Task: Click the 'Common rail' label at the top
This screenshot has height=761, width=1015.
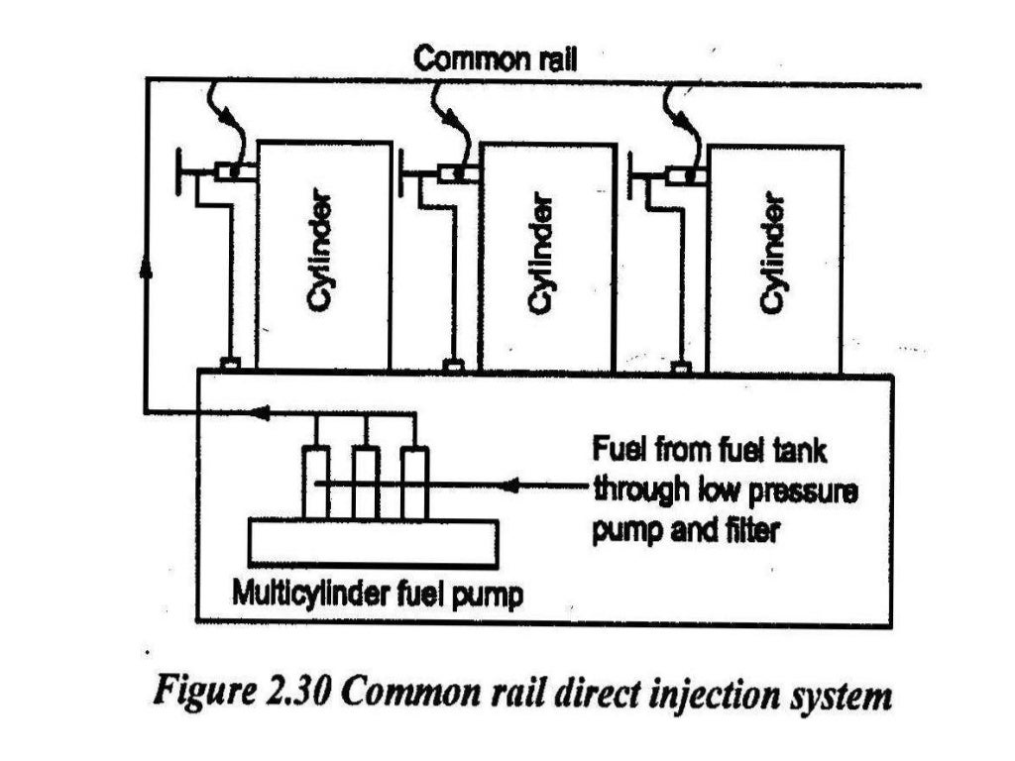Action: pos(495,58)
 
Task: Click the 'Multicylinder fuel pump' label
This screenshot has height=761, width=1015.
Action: pos(376,597)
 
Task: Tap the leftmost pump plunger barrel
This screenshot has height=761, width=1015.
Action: pos(316,483)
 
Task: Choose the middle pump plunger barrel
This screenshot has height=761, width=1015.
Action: pos(366,483)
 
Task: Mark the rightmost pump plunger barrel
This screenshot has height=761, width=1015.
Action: pos(415,483)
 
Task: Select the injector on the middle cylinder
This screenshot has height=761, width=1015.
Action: pos(458,173)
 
